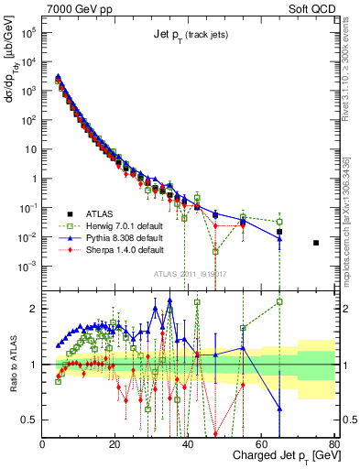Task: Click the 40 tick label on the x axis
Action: [188, 443]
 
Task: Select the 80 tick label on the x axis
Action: [333, 443]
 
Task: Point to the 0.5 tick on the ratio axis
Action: [30, 420]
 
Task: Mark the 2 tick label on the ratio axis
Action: [34, 309]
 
